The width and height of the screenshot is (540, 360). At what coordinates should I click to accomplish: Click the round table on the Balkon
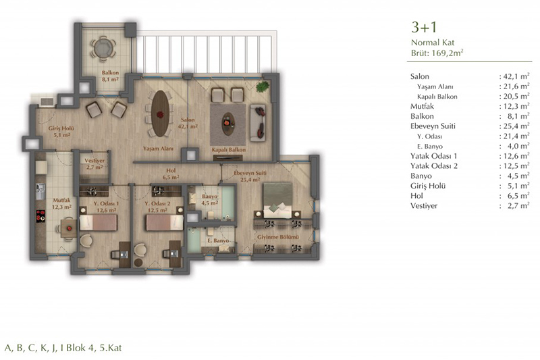103,48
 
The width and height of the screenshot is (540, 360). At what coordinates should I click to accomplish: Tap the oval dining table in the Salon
161,113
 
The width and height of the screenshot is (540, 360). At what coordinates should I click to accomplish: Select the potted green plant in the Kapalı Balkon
263,86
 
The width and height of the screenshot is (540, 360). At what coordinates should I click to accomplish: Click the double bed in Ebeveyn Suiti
277,200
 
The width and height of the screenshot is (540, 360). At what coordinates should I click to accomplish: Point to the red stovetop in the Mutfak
40,216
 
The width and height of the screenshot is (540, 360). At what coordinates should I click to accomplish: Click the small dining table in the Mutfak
69,228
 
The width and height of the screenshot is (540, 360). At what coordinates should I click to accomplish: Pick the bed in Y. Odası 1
99,222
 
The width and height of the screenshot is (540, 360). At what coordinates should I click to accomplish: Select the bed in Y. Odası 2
165,222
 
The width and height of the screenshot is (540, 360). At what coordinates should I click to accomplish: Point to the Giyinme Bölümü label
278,237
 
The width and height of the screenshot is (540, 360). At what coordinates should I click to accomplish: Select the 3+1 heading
424,27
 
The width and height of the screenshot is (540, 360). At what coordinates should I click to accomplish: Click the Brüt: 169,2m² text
437,53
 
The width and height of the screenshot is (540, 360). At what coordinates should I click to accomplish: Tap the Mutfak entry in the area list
422,106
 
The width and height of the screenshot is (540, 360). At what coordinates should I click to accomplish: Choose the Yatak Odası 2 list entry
434,165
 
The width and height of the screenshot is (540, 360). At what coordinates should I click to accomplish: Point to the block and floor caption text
63,348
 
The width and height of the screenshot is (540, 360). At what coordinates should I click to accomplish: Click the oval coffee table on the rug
228,124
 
